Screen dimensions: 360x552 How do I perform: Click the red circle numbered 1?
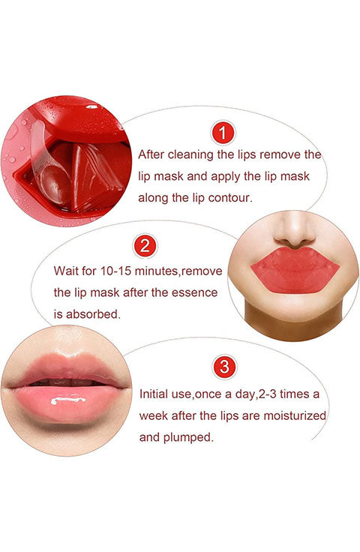coord(223,133)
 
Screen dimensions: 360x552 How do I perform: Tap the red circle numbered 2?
coord(145,245)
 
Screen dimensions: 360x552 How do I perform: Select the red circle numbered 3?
coord(223,367)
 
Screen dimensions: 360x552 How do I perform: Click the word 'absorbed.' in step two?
coord(93,314)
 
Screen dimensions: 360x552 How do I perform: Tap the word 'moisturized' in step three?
coord(295,415)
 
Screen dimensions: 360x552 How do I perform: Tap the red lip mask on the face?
coord(295,270)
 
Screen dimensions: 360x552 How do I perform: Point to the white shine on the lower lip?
coord(68,400)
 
